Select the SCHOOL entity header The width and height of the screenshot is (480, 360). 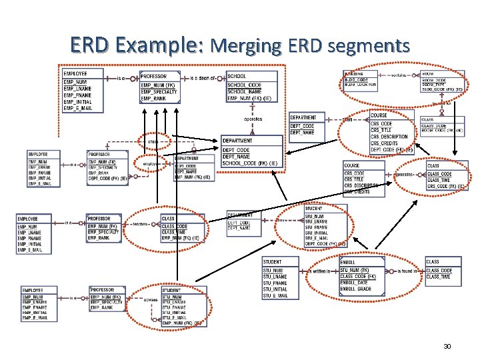coord(237,76)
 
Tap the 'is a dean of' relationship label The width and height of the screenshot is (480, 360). coord(206,77)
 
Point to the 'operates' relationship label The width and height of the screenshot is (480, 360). coord(253,119)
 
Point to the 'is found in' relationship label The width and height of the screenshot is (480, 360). coord(408,271)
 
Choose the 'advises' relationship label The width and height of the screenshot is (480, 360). coord(150,299)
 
